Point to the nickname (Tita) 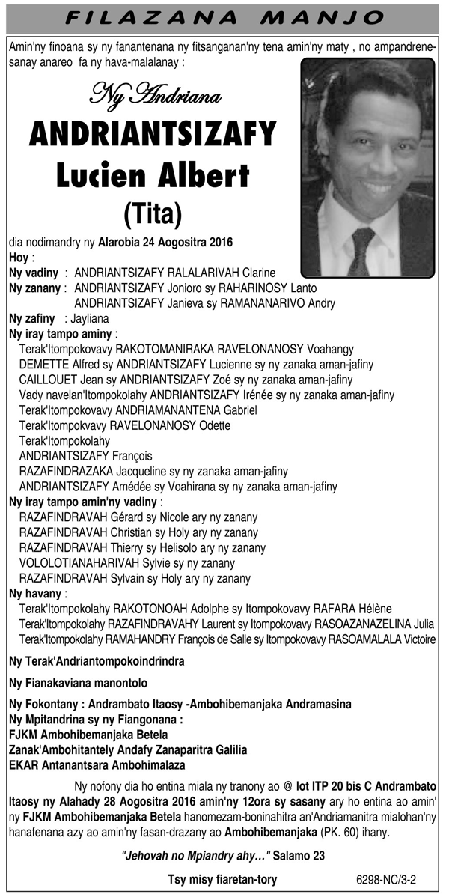(153, 214)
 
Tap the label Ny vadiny (33, 273)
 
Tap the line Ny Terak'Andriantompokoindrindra (97, 662)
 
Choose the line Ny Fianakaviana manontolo (79, 683)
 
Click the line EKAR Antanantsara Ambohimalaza (97, 765)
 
